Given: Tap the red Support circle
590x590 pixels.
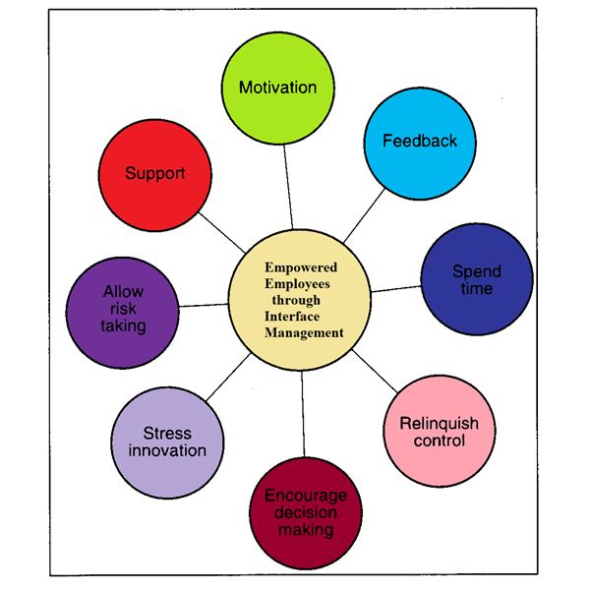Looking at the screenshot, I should click(x=155, y=175).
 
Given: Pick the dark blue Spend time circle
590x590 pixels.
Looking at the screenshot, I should click(x=477, y=279).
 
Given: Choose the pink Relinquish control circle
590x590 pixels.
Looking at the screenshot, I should click(x=439, y=431).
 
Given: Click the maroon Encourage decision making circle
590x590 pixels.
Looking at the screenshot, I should click(x=306, y=512).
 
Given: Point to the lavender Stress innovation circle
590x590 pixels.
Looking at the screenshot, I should click(x=167, y=442).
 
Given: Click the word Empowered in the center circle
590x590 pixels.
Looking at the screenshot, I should click(x=301, y=267).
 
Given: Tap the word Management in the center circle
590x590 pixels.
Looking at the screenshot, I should click(x=304, y=332).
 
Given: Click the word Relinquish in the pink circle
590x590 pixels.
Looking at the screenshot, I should click(x=439, y=424).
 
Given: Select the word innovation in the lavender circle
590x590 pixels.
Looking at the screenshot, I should click(x=167, y=450).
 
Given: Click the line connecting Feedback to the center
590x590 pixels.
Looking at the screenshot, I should click(x=365, y=216).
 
